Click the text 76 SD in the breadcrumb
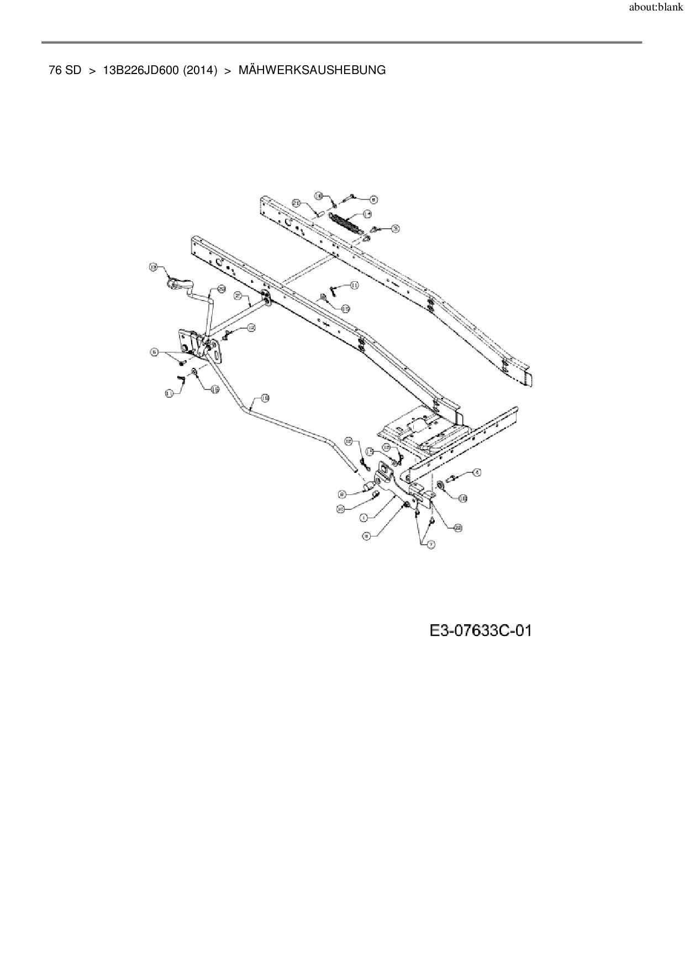click(x=65, y=70)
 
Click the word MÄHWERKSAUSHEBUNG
click(x=312, y=70)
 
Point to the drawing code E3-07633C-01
click(x=480, y=630)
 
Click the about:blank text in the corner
click(x=656, y=8)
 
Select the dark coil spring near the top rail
click(x=344, y=223)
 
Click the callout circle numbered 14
click(x=367, y=214)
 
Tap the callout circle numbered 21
click(x=296, y=203)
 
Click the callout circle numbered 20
click(x=221, y=288)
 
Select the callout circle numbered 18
click(x=265, y=397)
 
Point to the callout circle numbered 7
click(x=431, y=544)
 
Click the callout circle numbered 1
click(x=363, y=518)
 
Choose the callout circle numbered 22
click(x=458, y=528)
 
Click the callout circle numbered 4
click(x=477, y=472)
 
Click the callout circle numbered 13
click(x=154, y=267)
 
